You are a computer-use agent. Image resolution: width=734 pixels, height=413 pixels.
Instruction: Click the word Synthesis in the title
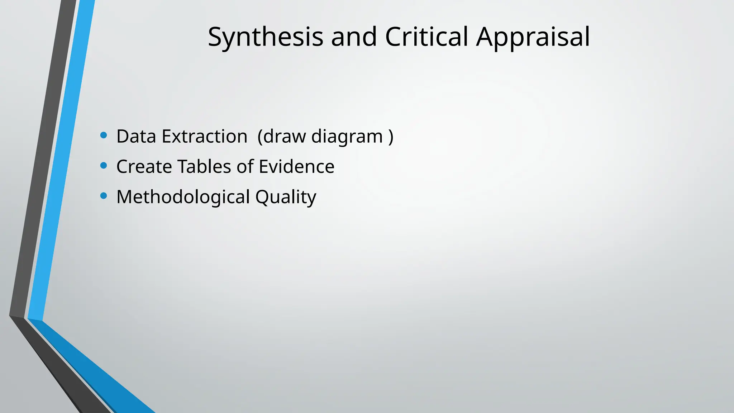pos(265,37)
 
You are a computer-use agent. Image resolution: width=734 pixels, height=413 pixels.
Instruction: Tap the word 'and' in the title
pos(354,37)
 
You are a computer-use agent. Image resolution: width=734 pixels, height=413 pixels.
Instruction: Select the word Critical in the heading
pos(426,37)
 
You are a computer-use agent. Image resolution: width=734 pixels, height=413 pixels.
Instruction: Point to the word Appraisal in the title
pos(533,37)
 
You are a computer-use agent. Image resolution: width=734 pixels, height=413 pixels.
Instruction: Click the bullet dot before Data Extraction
pos(104,135)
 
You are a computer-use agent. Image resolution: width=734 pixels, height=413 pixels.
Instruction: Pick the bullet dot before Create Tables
pos(104,165)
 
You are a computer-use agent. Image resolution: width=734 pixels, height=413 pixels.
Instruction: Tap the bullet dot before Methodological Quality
pos(104,196)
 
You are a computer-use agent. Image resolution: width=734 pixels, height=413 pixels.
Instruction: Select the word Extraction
pos(204,137)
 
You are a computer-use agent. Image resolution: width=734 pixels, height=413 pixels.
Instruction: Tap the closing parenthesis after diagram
pos(391,137)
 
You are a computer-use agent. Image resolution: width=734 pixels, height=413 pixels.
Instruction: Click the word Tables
pos(204,167)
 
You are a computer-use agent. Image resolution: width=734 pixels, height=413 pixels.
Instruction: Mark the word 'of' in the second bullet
pos(245,167)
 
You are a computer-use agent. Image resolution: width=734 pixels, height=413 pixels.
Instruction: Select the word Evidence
pos(296,167)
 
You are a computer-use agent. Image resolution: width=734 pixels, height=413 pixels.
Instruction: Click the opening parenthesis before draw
pos(260,137)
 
